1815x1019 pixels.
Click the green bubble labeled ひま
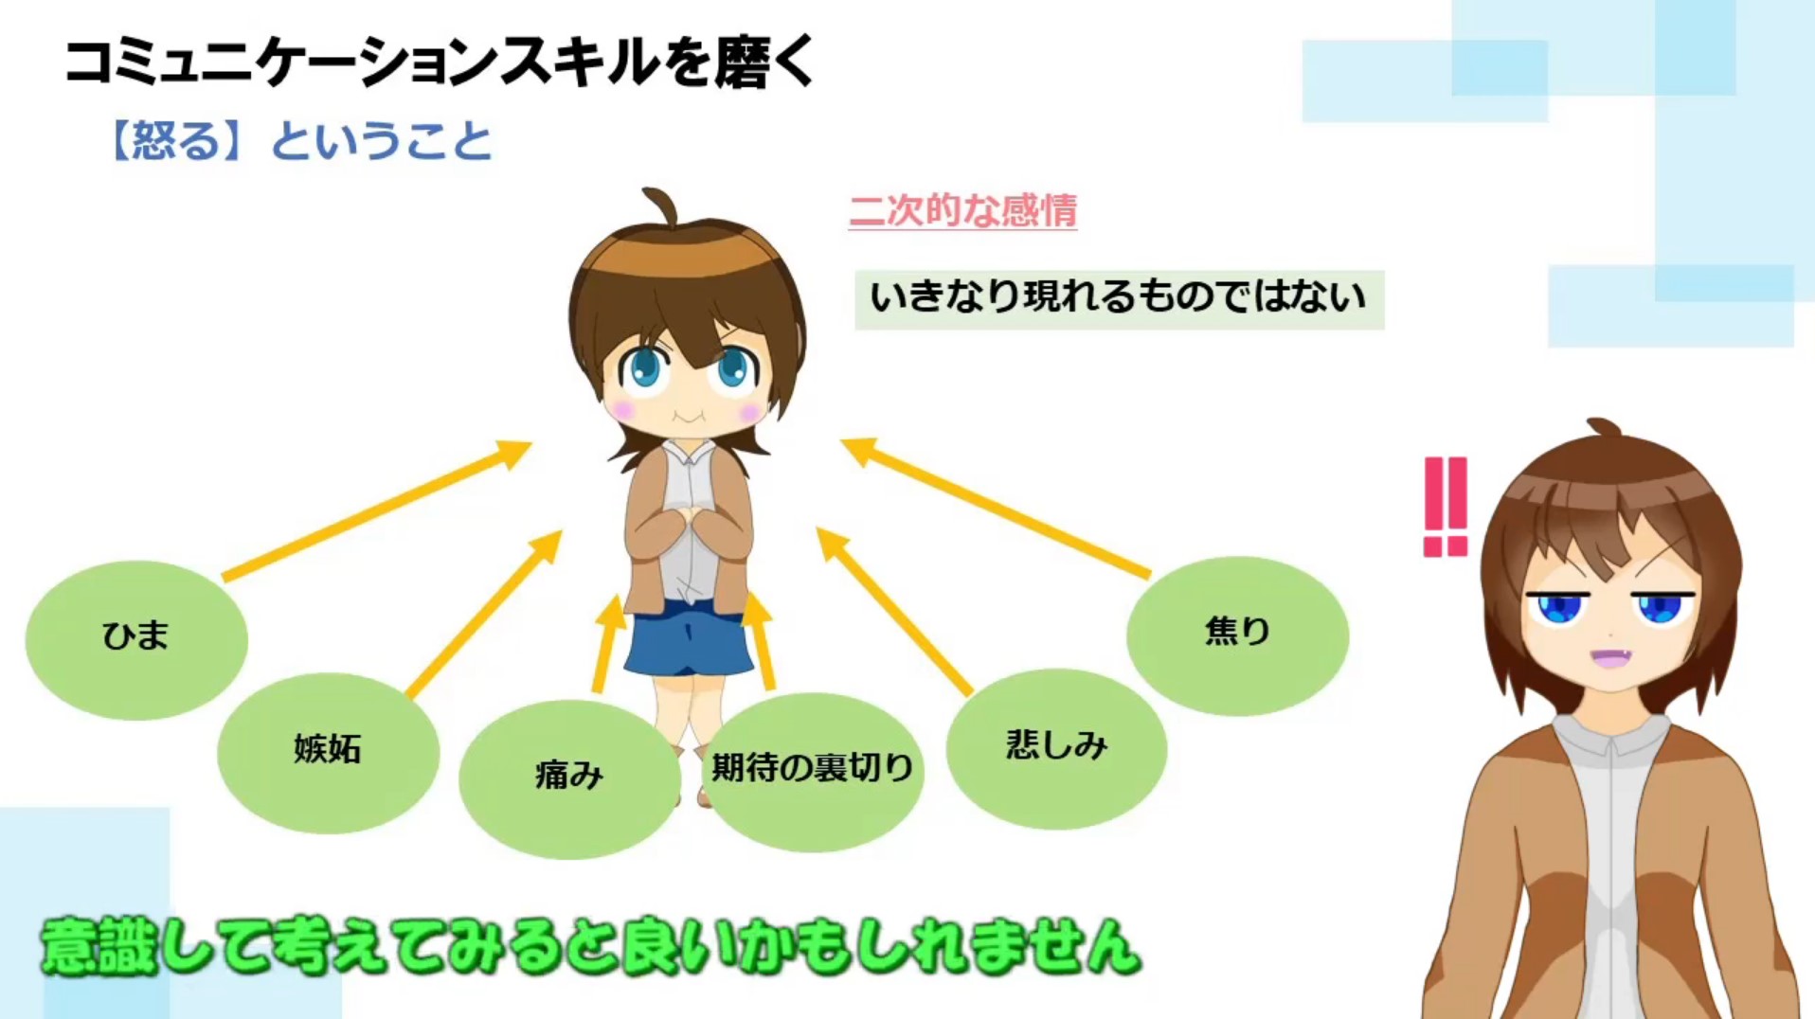[x=136, y=640]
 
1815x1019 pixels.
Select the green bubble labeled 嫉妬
[x=328, y=753]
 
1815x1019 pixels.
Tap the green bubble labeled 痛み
[x=569, y=779]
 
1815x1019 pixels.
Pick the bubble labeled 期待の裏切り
[x=813, y=772]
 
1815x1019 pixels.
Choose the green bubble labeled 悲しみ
[x=1056, y=749]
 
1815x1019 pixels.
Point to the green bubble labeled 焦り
[x=1237, y=635]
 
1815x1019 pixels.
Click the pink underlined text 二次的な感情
[x=962, y=210]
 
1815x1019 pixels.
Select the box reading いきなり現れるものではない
[x=1119, y=299]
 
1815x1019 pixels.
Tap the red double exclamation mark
[x=1446, y=507]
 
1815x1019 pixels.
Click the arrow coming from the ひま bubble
[x=377, y=510]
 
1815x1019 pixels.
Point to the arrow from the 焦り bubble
[x=996, y=508]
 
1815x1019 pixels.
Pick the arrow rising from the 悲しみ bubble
[x=894, y=612]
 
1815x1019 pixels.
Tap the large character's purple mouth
[x=1610, y=655]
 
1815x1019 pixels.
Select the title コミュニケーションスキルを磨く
[x=440, y=63]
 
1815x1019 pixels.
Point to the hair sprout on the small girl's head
[x=661, y=206]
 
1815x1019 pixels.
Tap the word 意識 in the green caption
[x=98, y=946]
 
